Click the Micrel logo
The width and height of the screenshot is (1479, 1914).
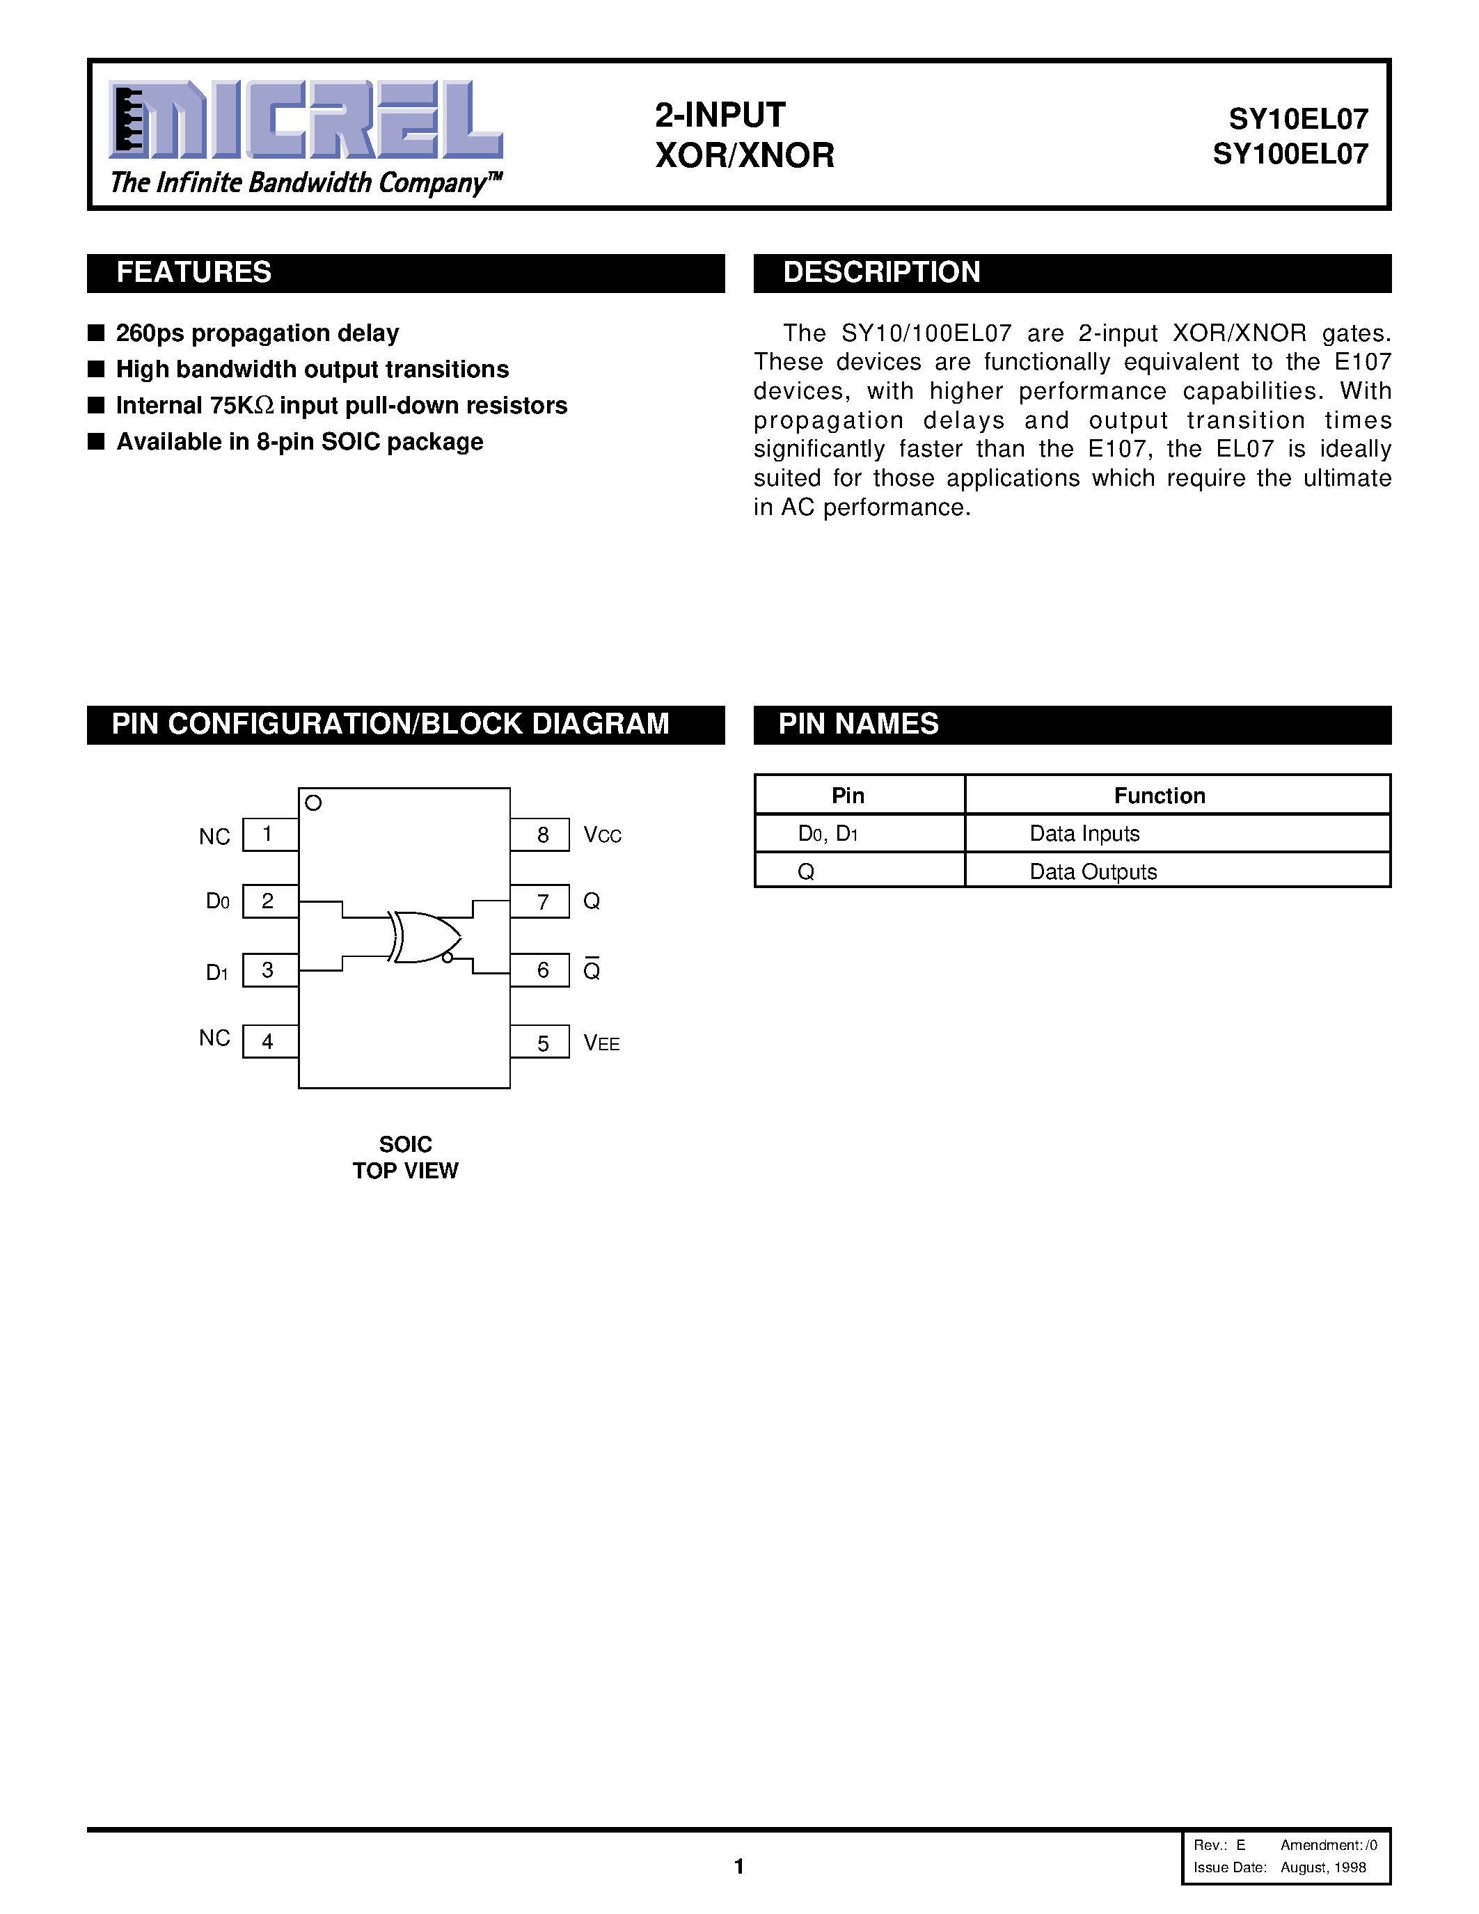click(x=305, y=120)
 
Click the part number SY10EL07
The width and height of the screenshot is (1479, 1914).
click(x=1297, y=118)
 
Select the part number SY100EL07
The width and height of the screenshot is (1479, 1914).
click(x=1290, y=155)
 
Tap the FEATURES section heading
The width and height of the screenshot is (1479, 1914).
click(x=193, y=273)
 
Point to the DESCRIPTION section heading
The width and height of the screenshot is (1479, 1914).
click(x=880, y=273)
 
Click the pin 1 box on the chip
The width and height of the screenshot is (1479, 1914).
click(x=269, y=835)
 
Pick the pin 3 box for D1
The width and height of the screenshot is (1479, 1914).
click(x=269, y=970)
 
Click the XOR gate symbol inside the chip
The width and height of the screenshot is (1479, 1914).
click(x=426, y=937)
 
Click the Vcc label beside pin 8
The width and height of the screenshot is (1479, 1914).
click(x=602, y=835)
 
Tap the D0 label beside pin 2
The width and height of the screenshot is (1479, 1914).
click(x=217, y=901)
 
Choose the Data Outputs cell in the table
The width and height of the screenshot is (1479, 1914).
click(x=1093, y=872)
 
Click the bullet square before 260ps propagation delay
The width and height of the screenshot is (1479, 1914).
click(x=96, y=333)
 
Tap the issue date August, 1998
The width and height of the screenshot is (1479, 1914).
click(x=1323, y=1867)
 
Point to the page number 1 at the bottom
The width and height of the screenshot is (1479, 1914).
click(x=738, y=1866)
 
